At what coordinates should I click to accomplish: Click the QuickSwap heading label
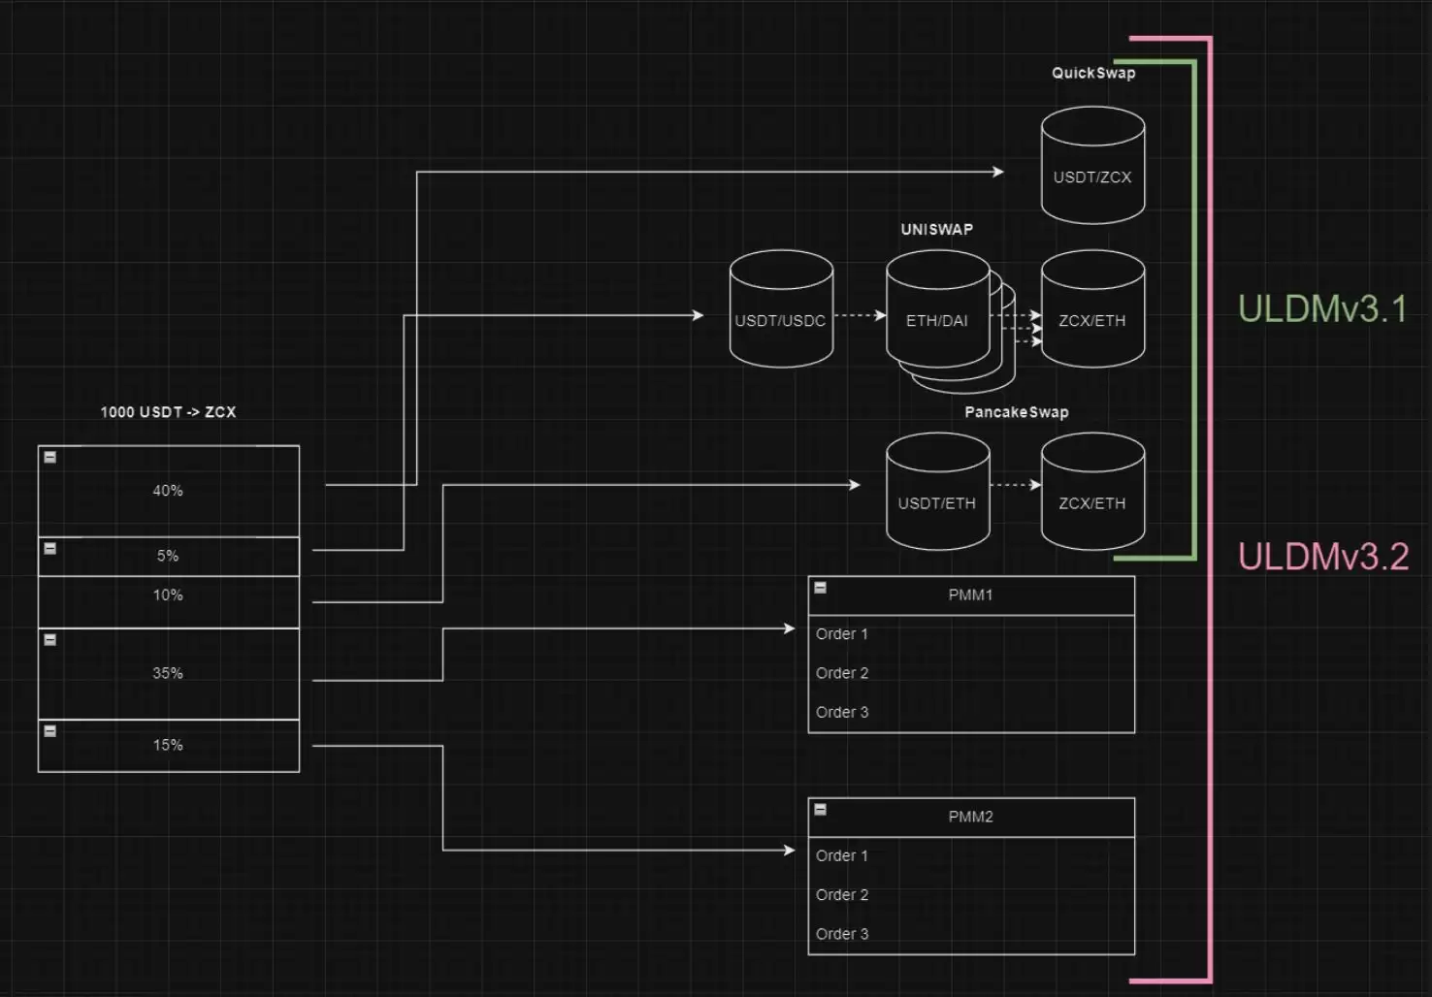click(1093, 73)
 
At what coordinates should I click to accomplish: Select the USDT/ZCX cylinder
click(1093, 166)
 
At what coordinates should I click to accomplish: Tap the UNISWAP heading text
click(937, 230)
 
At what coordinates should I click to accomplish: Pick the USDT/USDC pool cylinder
click(781, 308)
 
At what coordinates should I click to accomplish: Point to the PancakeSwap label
click(1017, 412)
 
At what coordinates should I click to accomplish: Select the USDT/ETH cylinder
click(938, 492)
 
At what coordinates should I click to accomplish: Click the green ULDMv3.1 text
click(1322, 308)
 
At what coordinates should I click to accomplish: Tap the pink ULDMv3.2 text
click(1323, 556)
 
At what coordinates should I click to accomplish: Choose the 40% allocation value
click(168, 491)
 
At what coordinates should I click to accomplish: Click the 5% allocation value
click(168, 556)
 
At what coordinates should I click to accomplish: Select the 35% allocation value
click(168, 673)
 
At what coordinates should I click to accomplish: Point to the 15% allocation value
click(168, 745)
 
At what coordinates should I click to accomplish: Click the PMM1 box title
click(970, 595)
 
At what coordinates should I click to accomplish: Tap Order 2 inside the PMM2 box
click(842, 895)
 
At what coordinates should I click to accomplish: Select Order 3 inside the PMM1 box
click(842, 712)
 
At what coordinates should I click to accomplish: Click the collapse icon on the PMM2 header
click(820, 810)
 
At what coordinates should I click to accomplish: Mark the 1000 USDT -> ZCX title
click(168, 412)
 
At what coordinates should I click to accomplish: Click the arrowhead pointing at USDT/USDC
click(699, 315)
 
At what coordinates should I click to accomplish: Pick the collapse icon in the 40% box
click(49, 457)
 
